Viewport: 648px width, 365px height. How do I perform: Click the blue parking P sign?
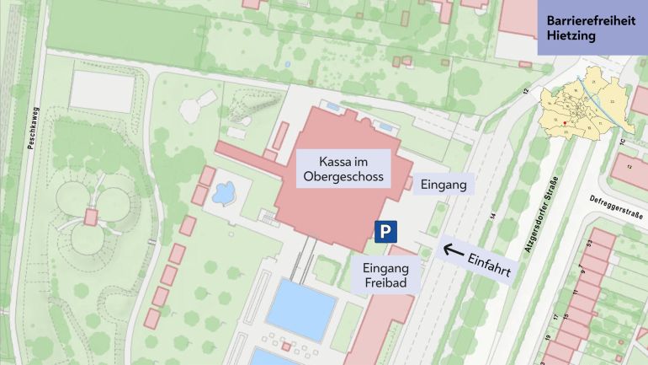(x=386, y=230)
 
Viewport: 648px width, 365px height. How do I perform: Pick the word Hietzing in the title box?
(x=571, y=36)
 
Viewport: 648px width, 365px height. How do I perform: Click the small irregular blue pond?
(x=223, y=194)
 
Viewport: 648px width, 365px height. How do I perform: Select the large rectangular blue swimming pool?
(x=301, y=309)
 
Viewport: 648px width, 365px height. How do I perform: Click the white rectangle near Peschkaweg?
(x=101, y=91)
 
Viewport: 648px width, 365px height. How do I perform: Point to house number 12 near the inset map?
(x=526, y=90)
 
